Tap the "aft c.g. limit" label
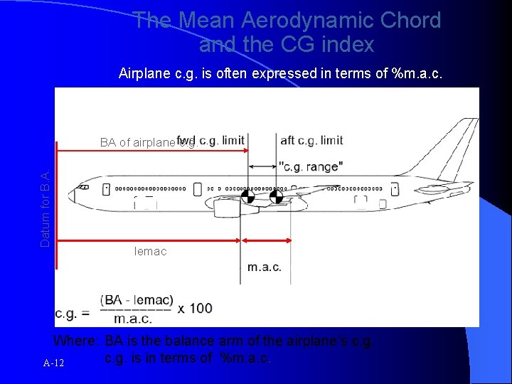click(x=311, y=140)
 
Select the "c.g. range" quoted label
click(x=311, y=166)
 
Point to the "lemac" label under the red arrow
click(x=150, y=251)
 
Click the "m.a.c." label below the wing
click(x=265, y=267)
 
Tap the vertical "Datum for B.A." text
click(x=46, y=209)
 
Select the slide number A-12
click(x=53, y=363)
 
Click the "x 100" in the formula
click(x=195, y=308)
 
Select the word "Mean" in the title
click(x=211, y=21)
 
